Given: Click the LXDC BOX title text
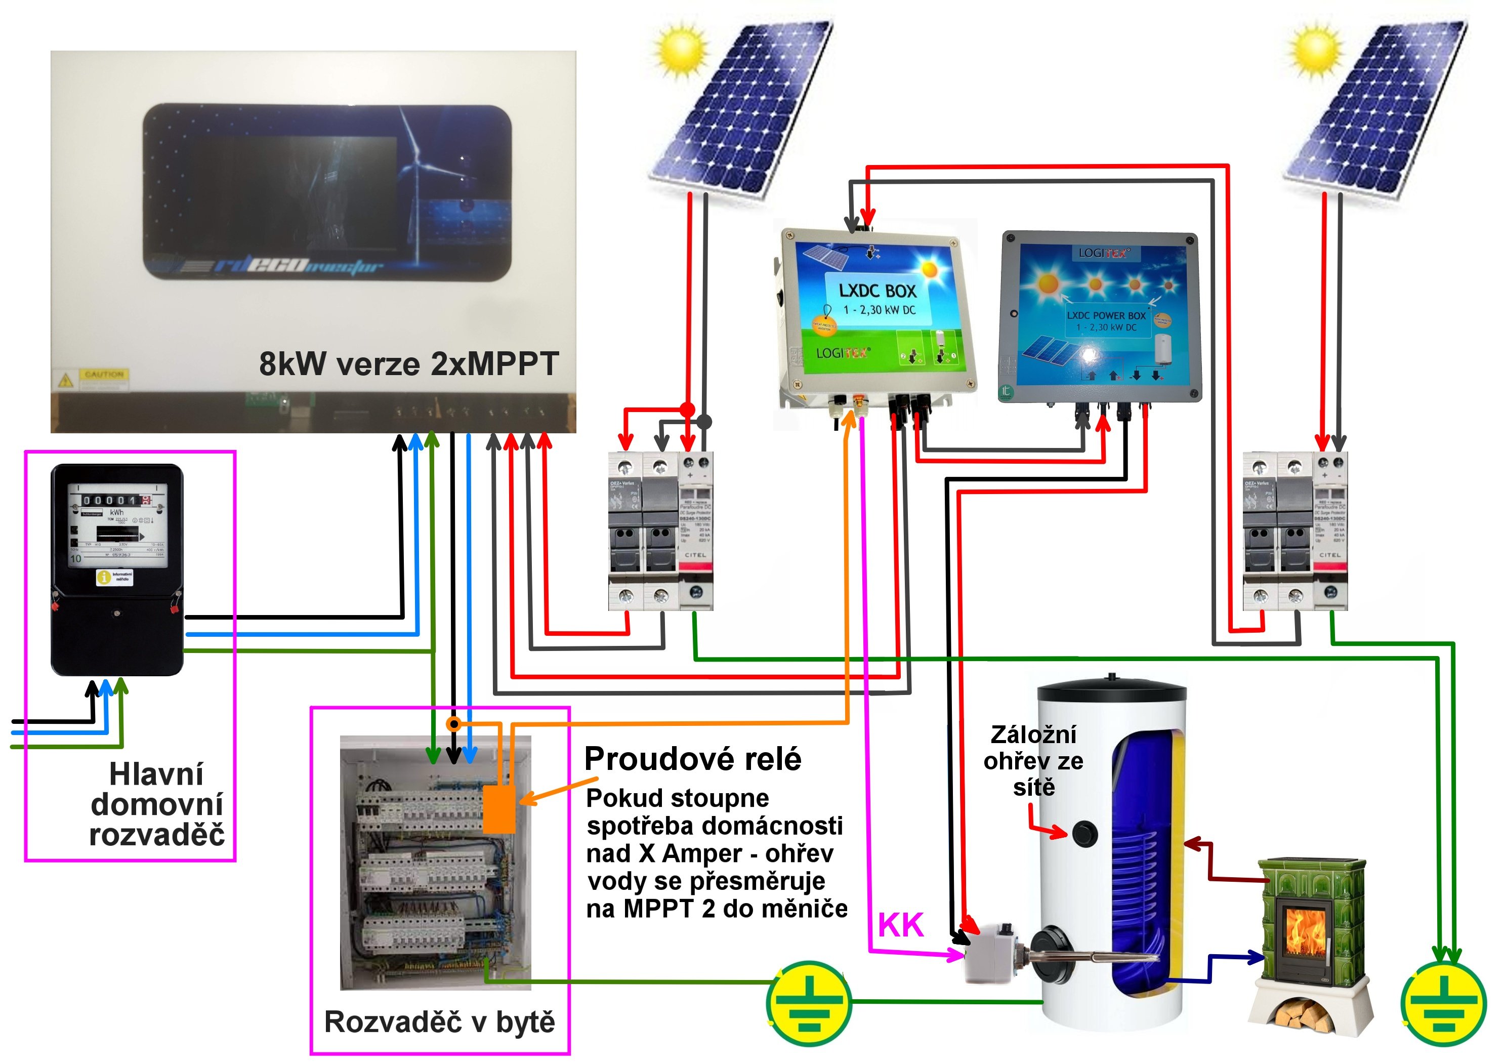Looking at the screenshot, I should coord(877,291).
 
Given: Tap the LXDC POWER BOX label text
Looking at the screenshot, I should coord(1106,316).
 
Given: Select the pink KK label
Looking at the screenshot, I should coord(900,925).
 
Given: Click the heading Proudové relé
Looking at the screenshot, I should coord(693,759).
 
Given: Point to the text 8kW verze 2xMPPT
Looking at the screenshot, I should coord(408,363).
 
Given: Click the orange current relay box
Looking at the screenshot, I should coord(499,809).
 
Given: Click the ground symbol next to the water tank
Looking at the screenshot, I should coord(809,1003).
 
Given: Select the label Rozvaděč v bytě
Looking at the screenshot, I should coord(439,1021).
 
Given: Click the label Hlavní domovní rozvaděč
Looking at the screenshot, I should coord(156,804).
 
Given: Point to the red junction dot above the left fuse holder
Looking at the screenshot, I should coord(687,410).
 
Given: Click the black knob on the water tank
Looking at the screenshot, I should coord(1084,834).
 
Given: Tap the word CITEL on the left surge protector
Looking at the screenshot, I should coord(695,555).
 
